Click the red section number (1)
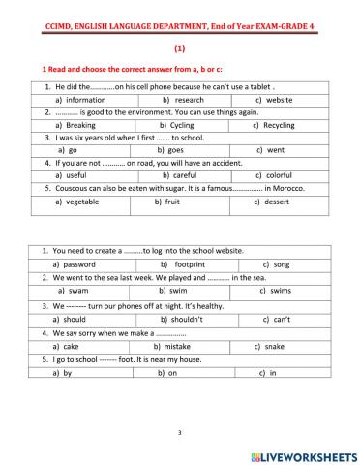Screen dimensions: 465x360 point(180,46)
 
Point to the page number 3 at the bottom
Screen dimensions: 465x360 point(180,432)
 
